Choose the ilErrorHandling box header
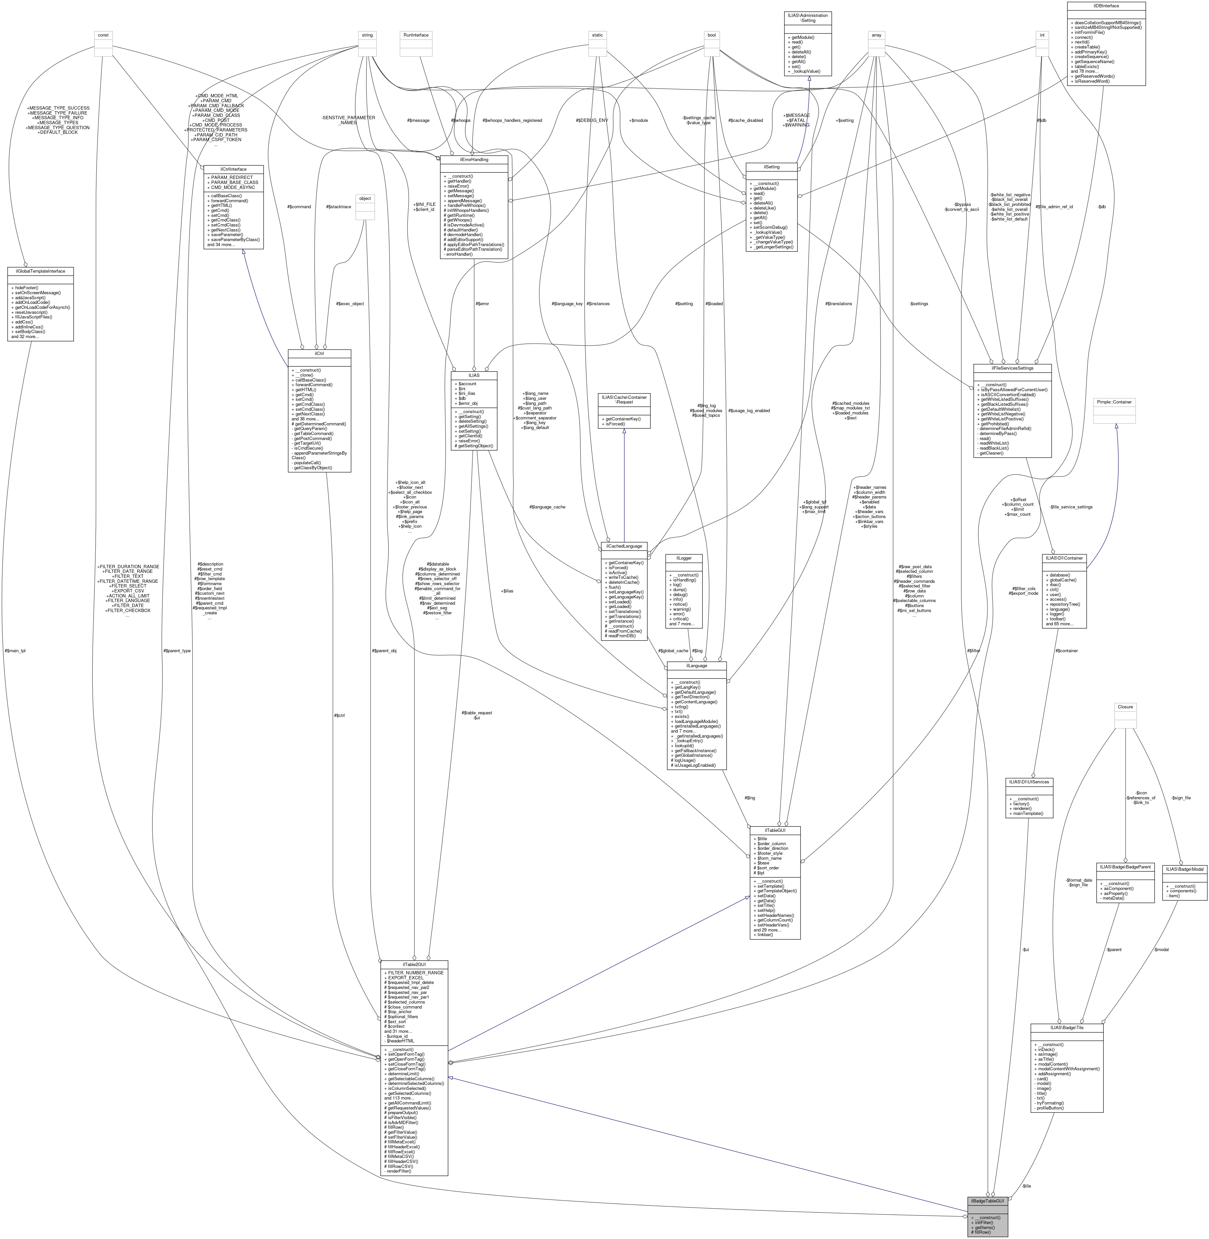coord(474,159)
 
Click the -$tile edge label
coord(1026,1186)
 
